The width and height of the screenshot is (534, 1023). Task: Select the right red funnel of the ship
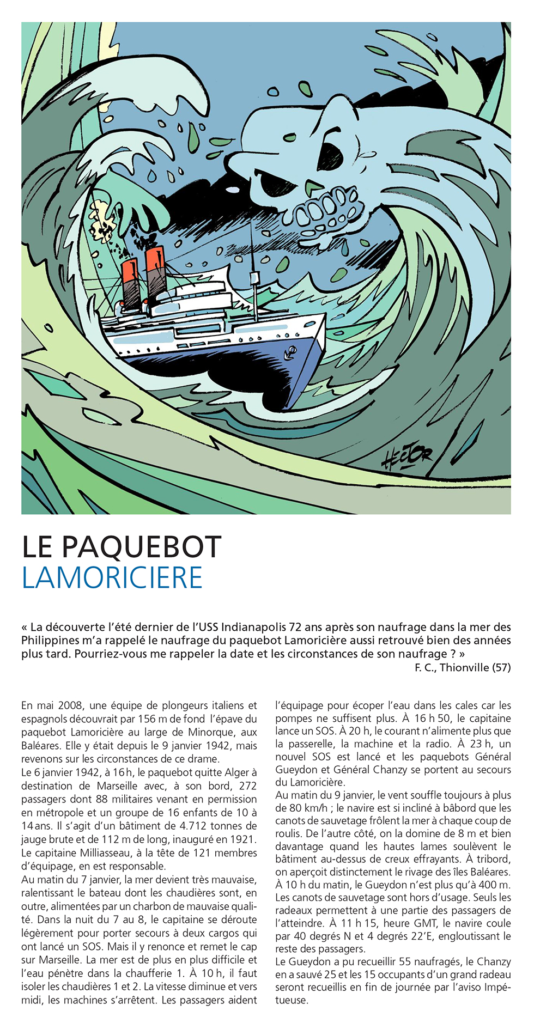pyautogui.click(x=155, y=267)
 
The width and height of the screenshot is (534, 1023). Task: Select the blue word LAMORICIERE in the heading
pyautogui.click(x=112, y=577)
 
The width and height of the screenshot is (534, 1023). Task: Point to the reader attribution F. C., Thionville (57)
pyautogui.click(x=463, y=667)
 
